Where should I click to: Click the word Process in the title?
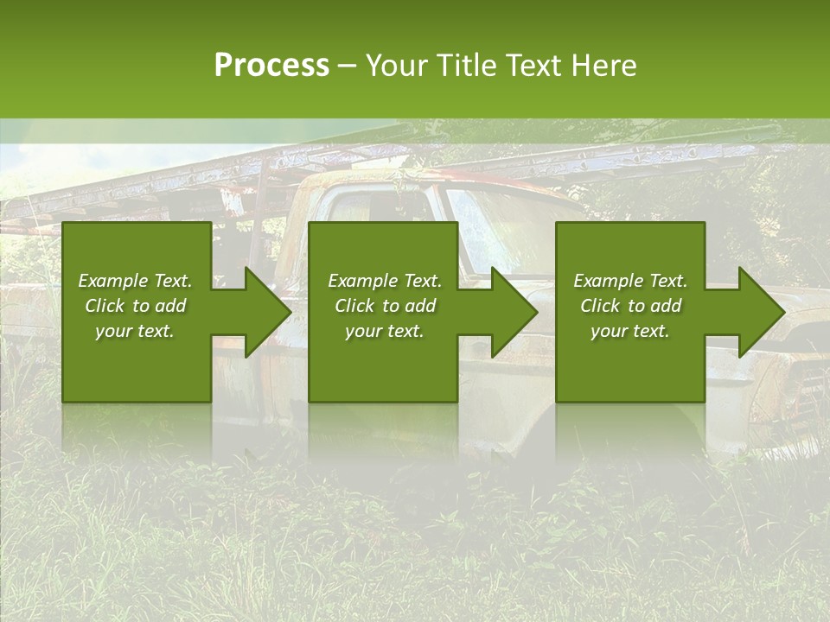271,66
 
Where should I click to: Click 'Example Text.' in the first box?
135,281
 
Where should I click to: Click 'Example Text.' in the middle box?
385,281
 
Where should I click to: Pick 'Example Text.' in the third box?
630,281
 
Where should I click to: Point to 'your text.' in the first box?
135,331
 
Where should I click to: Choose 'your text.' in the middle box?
385,331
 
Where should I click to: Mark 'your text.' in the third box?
630,331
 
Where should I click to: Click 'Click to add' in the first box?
135,306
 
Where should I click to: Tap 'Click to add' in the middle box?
385,306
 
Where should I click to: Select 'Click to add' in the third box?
630,306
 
